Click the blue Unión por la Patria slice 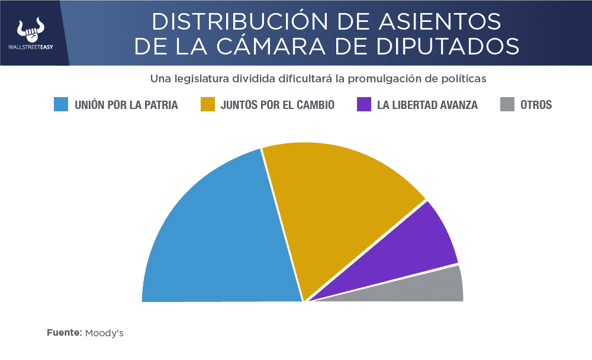[x=219, y=237]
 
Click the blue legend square [x=61, y=105]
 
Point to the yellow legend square [x=207, y=105]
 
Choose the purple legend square [x=364, y=105]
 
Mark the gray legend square [x=507, y=105]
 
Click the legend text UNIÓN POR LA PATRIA [x=126, y=105]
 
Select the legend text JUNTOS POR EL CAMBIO [x=277, y=105]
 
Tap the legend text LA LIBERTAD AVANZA [x=427, y=105]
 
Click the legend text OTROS [x=536, y=105]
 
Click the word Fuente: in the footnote [x=64, y=333]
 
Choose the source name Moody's [x=104, y=333]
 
